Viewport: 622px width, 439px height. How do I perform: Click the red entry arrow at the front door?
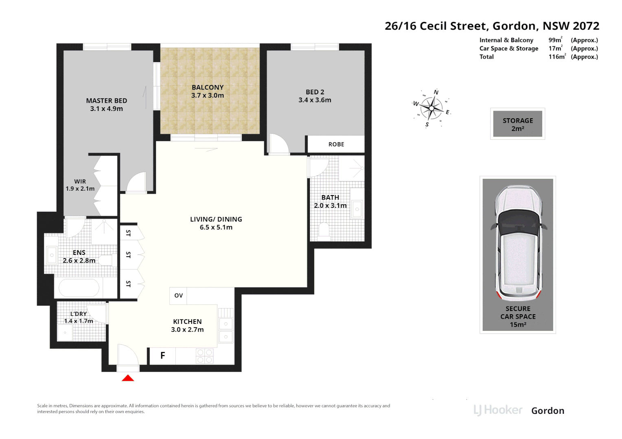click(x=128, y=378)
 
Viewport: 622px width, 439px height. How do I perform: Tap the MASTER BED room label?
click(x=106, y=101)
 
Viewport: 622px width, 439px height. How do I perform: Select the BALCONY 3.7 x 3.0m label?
click(x=208, y=91)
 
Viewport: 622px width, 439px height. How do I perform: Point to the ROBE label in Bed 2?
click(x=336, y=144)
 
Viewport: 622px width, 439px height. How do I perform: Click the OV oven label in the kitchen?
click(x=179, y=296)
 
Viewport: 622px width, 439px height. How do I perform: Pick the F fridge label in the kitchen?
click(x=163, y=355)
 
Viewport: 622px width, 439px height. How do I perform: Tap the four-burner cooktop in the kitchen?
click(x=205, y=356)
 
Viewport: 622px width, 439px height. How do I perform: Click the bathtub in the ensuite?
click(x=79, y=287)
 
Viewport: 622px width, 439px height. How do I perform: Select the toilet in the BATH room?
click(x=324, y=232)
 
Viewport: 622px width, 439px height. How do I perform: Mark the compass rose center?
click(x=431, y=108)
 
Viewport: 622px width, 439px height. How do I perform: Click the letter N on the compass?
click(x=436, y=92)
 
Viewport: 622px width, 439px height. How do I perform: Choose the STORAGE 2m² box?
click(x=518, y=124)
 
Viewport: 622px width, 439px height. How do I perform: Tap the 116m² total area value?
click(x=557, y=57)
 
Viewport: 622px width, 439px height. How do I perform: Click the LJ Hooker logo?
click(x=498, y=411)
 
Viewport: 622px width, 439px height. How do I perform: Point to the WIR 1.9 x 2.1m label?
click(x=80, y=185)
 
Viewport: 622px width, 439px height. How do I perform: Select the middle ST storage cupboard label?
click(x=128, y=254)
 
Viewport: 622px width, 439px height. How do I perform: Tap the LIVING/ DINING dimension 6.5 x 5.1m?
click(x=216, y=227)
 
